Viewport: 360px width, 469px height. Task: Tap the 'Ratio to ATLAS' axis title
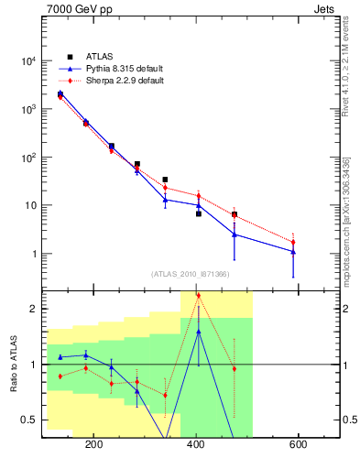point(14,365)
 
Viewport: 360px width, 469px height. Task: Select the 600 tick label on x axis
point(298,444)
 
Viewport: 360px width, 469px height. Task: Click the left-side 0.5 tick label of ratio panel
point(29,420)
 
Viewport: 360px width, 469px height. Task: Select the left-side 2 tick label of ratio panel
point(34,309)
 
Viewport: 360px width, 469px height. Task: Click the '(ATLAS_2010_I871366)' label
point(191,274)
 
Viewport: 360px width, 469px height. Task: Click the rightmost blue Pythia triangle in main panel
point(293,251)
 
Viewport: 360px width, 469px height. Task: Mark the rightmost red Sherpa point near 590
point(293,242)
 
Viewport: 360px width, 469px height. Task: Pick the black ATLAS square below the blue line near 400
point(199,213)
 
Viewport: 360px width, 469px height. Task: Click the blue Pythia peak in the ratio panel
point(199,331)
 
